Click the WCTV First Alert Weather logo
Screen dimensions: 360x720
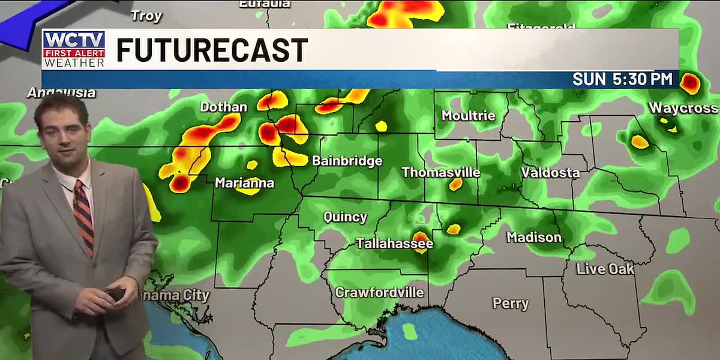[74, 49]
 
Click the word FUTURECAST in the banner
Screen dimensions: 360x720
[212, 50]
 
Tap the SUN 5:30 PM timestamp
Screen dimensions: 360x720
[622, 79]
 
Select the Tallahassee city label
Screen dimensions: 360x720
[394, 244]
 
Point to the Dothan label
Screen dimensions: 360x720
[223, 107]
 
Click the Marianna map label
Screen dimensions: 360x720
[244, 183]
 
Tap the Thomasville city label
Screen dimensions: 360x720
[440, 173]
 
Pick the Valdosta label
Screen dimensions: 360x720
[550, 173]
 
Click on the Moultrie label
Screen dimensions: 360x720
[468, 116]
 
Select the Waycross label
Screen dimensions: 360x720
[683, 108]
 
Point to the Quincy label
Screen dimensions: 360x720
[345, 217]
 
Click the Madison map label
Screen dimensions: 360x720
[534, 238]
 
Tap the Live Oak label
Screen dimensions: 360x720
[605, 269]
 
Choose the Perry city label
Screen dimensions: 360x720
[511, 304]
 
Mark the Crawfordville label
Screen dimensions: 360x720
[379, 293]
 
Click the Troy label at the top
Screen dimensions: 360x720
[146, 16]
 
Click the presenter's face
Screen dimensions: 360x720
[62, 130]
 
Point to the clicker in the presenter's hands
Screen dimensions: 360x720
[115, 293]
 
